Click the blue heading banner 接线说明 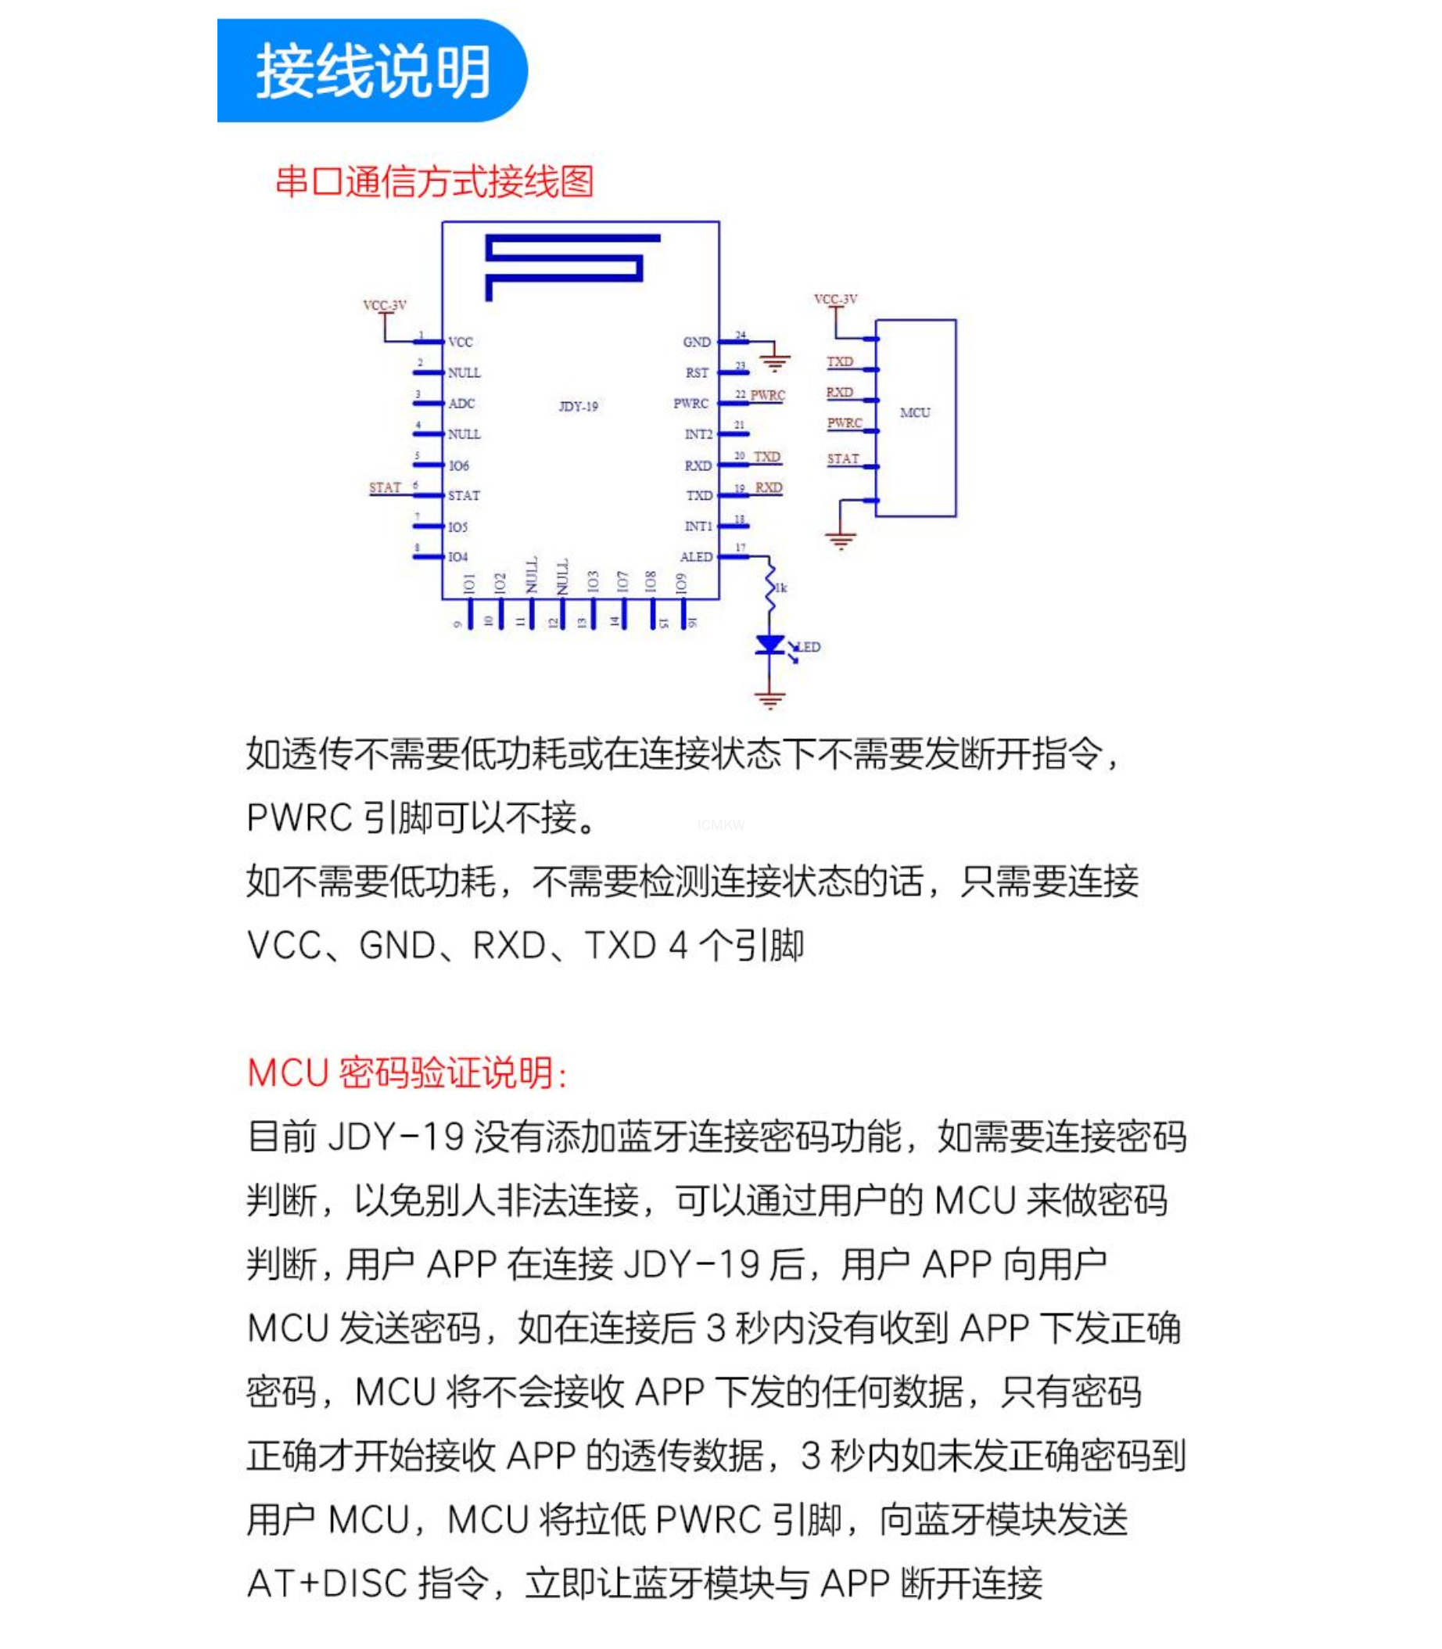coord(371,71)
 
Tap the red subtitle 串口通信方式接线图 coord(435,182)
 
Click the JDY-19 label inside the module coord(579,407)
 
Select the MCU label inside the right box coord(915,413)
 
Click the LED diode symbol coord(770,645)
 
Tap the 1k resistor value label coord(781,588)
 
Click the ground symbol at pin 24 coord(775,363)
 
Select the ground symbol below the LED coord(770,700)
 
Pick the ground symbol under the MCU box coord(840,540)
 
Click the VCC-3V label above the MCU coord(835,300)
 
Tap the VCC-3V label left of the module coord(385,306)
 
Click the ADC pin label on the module coord(461,404)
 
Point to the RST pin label coord(697,373)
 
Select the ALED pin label coord(696,557)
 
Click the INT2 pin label coord(698,435)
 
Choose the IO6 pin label coord(459,466)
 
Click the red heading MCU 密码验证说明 coord(407,1073)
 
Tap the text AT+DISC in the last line coord(327,1583)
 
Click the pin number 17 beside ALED coord(741,548)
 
